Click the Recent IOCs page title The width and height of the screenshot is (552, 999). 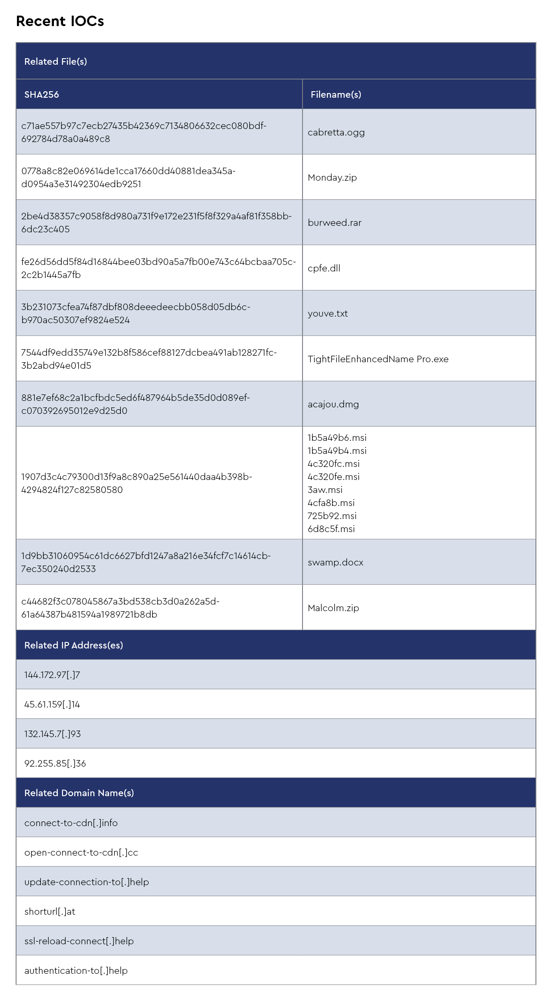(x=60, y=21)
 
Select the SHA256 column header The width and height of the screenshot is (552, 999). (x=42, y=95)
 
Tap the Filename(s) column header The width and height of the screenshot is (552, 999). (x=336, y=95)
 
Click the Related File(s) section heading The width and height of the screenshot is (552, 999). (x=56, y=62)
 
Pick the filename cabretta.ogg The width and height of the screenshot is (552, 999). (x=336, y=132)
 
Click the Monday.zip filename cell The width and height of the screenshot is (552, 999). (x=332, y=178)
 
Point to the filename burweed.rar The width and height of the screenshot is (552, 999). (x=334, y=223)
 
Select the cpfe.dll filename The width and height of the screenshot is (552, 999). (x=324, y=268)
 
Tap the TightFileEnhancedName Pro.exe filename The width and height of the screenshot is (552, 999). (x=378, y=359)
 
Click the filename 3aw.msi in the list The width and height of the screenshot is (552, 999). (x=325, y=490)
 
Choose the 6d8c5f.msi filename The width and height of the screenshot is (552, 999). (x=331, y=529)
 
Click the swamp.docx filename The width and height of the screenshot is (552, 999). (x=335, y=562)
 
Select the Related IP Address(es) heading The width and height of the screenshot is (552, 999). (x=73, y=645)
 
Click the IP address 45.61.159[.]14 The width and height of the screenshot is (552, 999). (x=52, y=705)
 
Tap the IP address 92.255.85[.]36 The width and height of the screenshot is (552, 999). (x=55, y=764)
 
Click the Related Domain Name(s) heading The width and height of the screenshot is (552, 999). (x=79, y=793)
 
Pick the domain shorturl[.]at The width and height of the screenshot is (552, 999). (x=50, y=912)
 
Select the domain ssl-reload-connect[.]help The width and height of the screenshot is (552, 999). (x=79, y=941)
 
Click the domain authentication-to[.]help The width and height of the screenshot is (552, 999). (x=76, y=971)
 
